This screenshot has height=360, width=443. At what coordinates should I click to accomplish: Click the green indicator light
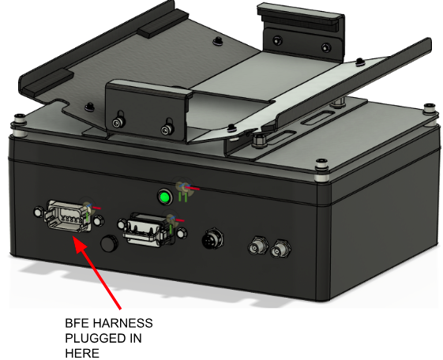165,197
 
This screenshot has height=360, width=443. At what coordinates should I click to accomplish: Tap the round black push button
109,243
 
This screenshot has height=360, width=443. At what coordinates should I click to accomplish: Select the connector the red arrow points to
69,216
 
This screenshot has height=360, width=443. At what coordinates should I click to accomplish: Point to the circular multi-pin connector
212,240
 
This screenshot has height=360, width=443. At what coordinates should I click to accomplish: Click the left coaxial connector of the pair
258,247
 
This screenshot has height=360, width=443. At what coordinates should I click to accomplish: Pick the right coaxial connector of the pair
280,249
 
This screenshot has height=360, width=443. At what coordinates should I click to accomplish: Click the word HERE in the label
82,353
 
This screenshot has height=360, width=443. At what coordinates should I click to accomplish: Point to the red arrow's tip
73,237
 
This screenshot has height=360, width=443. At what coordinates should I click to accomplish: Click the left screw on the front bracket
118,122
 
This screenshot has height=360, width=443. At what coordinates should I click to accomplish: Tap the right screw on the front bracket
166,129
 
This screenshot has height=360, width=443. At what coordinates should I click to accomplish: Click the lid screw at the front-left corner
19,118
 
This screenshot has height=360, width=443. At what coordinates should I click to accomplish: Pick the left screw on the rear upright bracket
277,39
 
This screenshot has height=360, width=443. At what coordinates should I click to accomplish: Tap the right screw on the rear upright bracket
326,47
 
